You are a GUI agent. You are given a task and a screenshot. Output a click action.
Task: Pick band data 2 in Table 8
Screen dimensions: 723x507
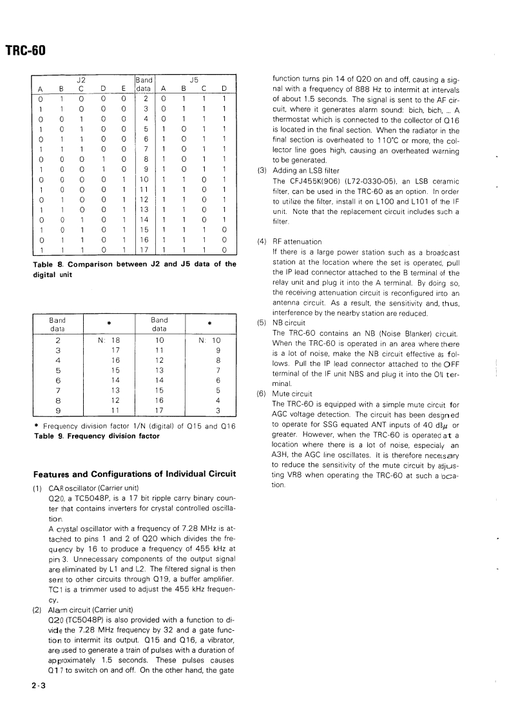pos(146,99)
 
